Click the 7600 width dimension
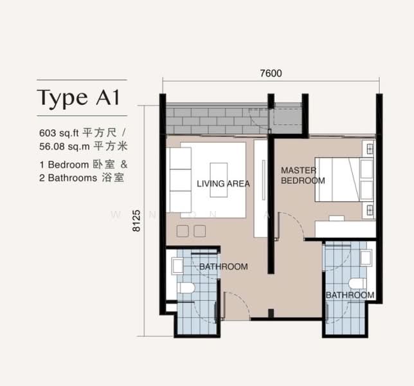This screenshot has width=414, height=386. [x=271, y=73]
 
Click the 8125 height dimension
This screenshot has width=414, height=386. [x=136, y=221]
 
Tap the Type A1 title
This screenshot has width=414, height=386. [x=78, y=98]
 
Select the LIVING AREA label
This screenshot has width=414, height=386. [x=223, y=183]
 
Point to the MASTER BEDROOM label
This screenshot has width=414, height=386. [x=303, y=176]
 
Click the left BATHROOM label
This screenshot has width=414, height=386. [x=223, y=266]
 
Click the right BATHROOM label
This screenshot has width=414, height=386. [x=350, y=295]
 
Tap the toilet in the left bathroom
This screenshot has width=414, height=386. [x=186, y=288]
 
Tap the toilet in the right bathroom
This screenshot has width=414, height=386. [x=357, y=284]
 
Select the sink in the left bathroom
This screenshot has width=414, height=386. [x=177, y=266]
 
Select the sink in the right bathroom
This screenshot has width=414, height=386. [x=366, y=257]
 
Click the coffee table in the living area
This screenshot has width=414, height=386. [x=219, y=180]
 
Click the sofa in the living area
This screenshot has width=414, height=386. [x=181, y=179]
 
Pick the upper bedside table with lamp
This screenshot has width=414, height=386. [x=369, y=148]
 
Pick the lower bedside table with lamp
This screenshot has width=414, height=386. [x=369, y=210]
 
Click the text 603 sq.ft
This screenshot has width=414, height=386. [x=59, y=133]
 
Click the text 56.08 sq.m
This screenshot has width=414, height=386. [x=64, y=147]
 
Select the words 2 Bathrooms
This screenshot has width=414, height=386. [x=68, y=178]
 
